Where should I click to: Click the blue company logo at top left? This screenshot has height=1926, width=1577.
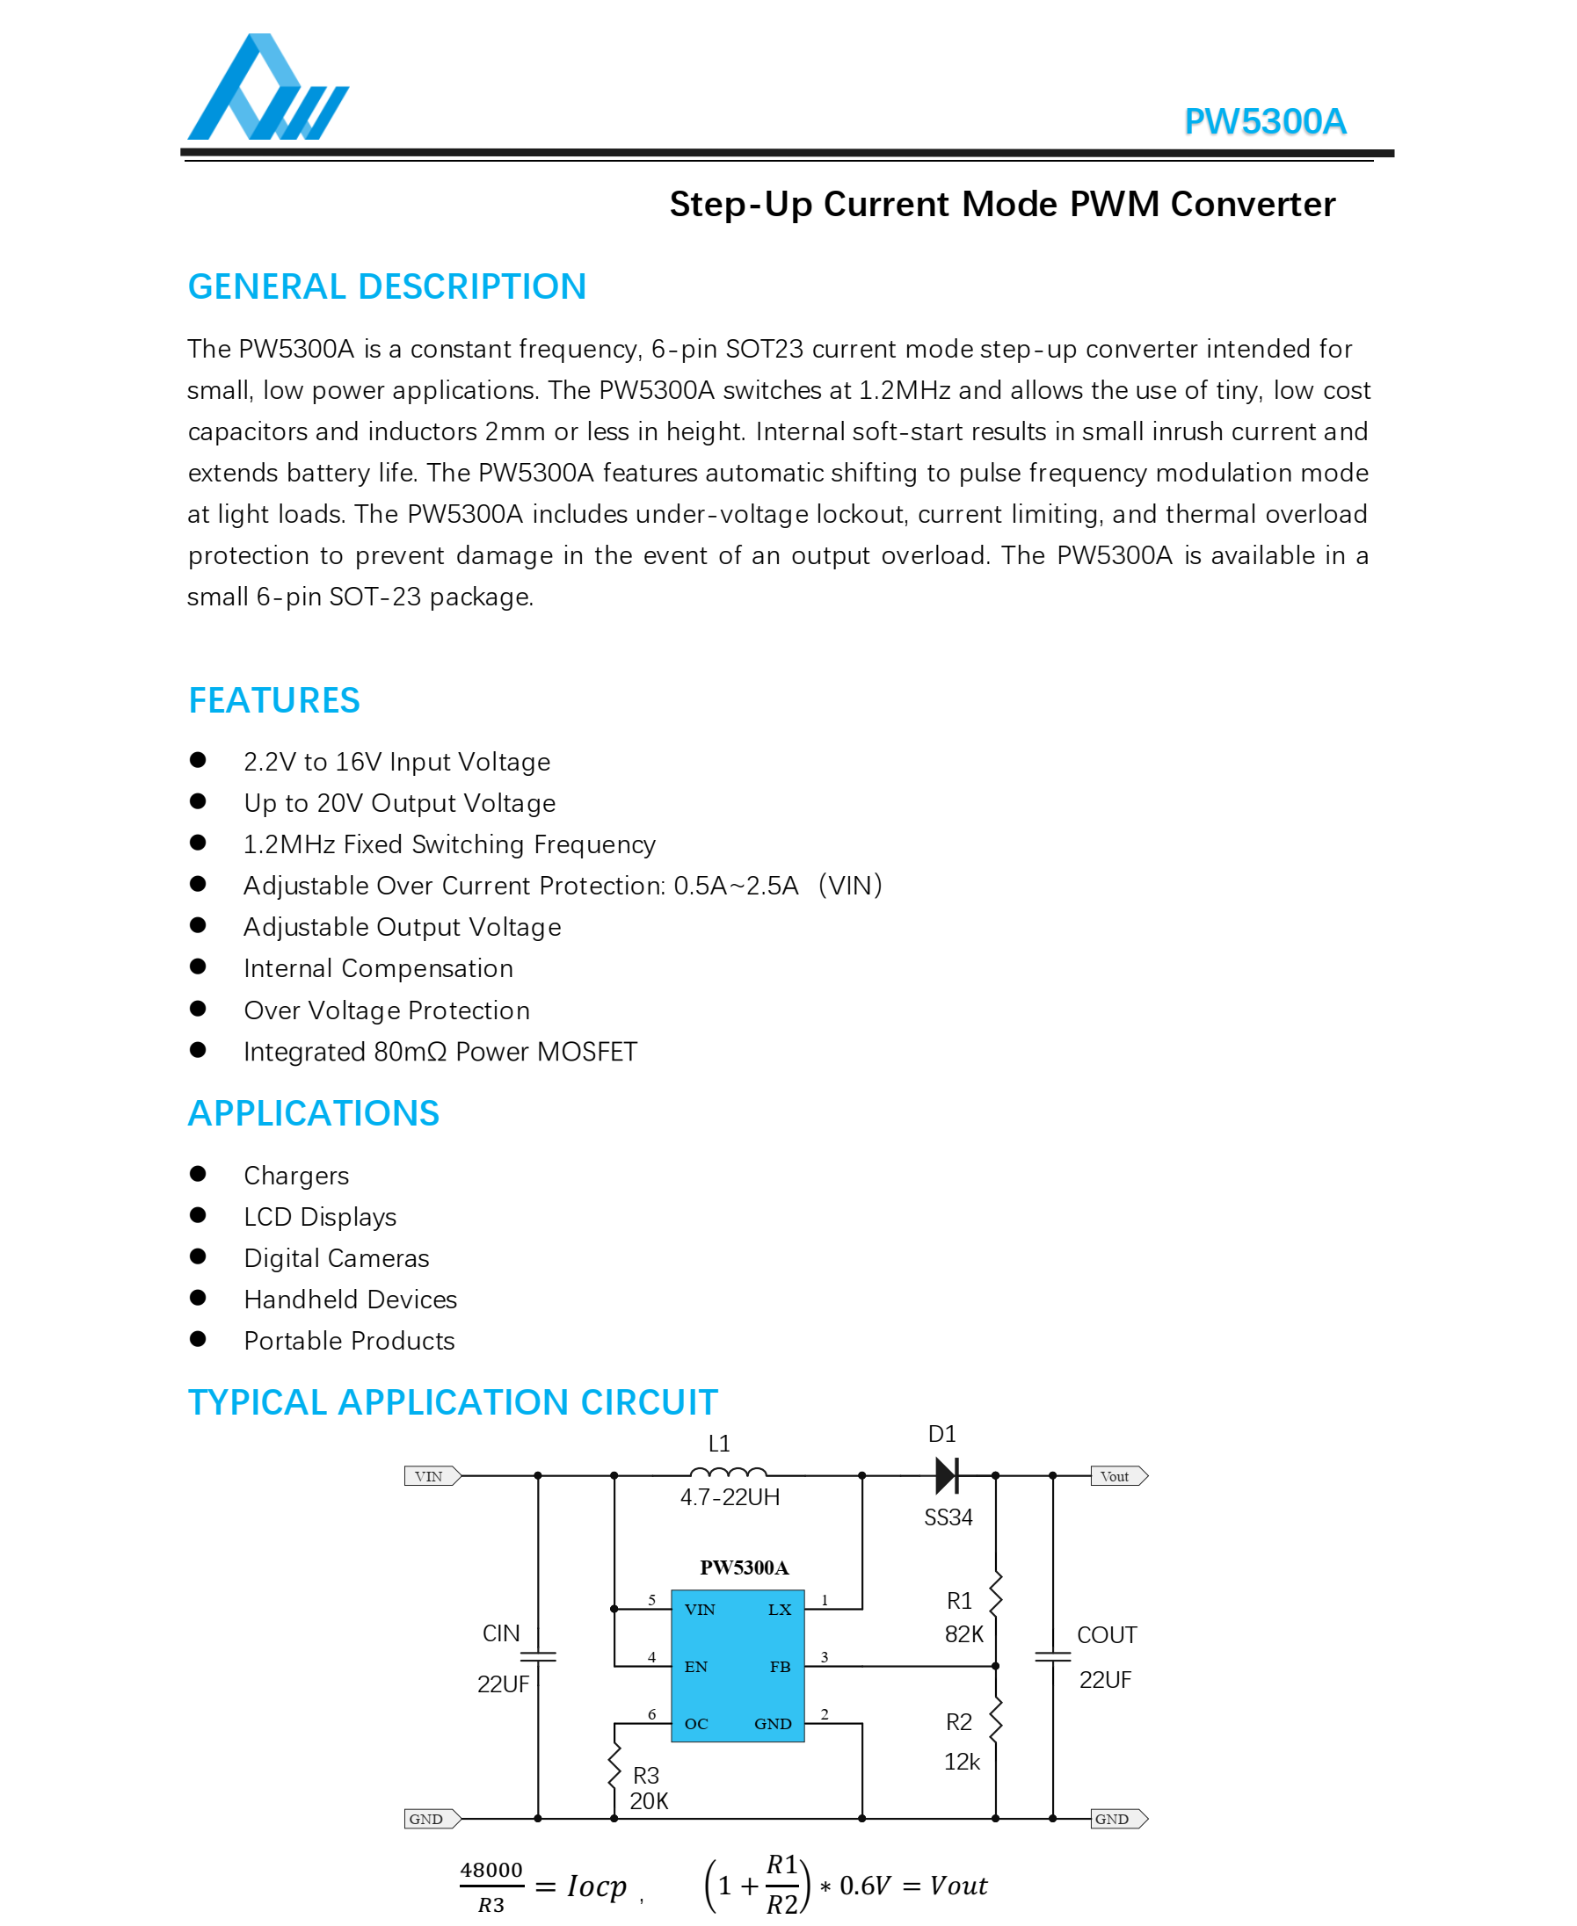[x=267, y=88]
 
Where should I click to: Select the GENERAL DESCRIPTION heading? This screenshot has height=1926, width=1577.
[x=387, y=287]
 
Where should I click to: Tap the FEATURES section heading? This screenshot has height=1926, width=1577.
[x=274, y=700]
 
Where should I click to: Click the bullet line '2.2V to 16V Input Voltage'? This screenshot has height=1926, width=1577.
[x=397, y=762]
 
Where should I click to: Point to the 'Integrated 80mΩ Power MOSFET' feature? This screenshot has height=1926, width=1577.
[x=440, y=1052]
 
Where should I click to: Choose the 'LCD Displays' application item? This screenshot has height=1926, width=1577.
[x=320, y=1217]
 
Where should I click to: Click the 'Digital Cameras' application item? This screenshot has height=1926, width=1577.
[x=336, y=1258]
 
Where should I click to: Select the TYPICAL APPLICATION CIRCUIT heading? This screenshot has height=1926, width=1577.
[x=453, y=1402]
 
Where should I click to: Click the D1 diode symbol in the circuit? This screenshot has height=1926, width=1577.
[x=946, y=1475]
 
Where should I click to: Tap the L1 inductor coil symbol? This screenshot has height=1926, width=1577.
[x=728, y=1473]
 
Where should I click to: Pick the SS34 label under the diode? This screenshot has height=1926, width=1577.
[x=948, y=1517]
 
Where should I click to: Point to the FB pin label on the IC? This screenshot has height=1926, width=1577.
[x=780, y=1666]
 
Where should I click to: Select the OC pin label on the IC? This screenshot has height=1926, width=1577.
[x=696, y=1724]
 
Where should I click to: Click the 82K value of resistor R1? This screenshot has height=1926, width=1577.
[x=963, y=1634]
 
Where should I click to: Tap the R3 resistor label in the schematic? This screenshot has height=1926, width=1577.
[x=646, y=1775]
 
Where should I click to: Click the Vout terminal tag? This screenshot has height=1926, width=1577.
[x=1118, y=1476]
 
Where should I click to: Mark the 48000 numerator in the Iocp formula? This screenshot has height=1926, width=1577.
[x=491, y=1870]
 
